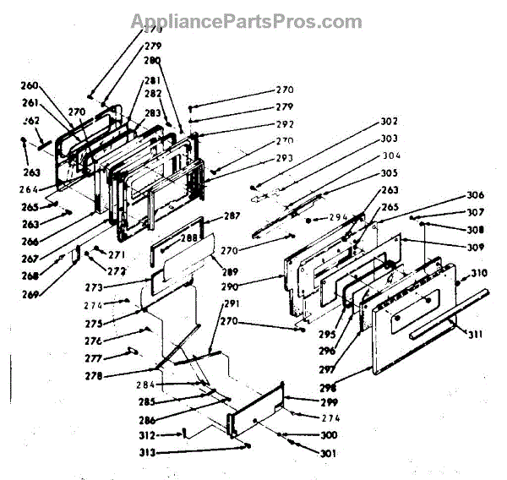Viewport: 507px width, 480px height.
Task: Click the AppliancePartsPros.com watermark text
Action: [246, 22]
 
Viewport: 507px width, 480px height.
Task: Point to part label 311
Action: [477, 335]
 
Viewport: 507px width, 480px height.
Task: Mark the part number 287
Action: [232, 217]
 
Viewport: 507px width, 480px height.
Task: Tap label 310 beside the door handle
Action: [479, 273]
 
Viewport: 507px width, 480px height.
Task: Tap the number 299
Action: [304, 403]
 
